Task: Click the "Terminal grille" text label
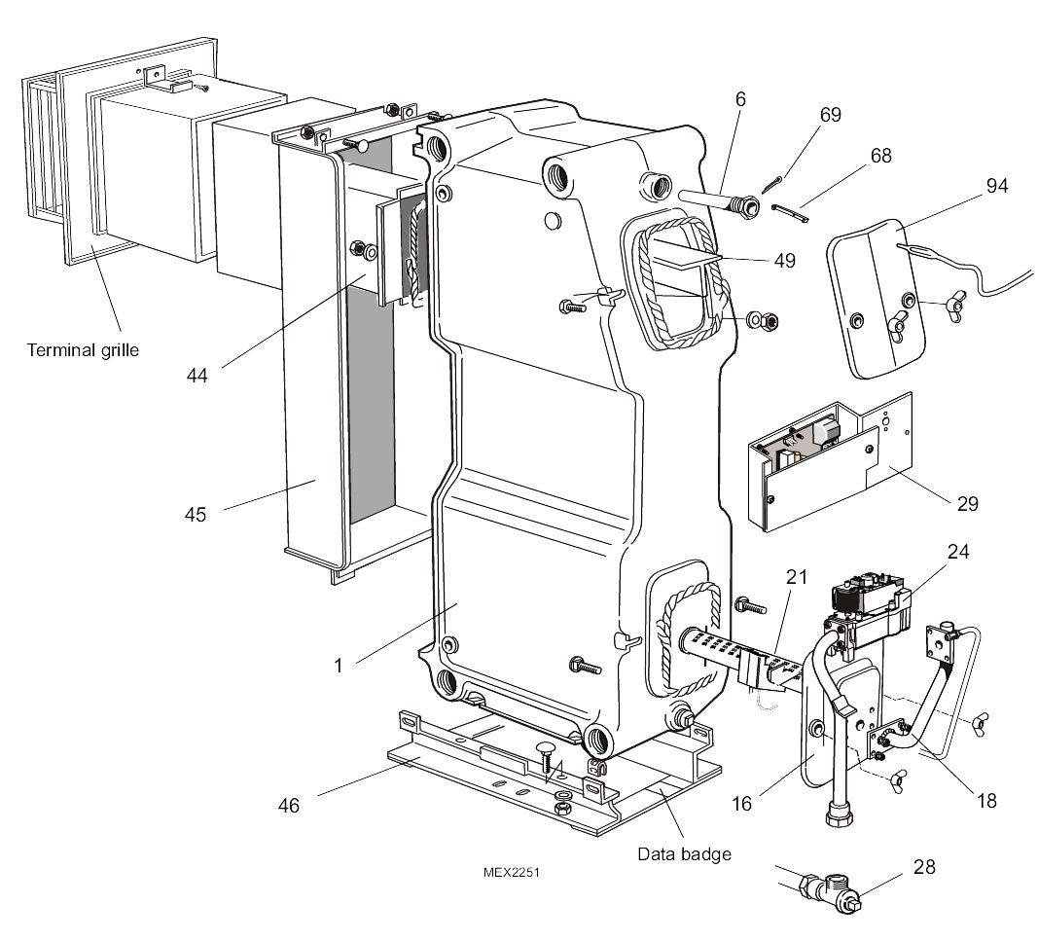(82, 349)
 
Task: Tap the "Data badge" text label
(684, 853)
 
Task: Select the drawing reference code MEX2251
(511, 873)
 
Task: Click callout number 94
(996, 186)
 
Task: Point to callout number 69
(830, 115)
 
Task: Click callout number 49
(783, 260)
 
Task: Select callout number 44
(197, 374)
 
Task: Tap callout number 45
(196, 515)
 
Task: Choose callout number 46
(289, 805)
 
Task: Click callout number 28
(923, 865)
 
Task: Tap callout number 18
(985, 801)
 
